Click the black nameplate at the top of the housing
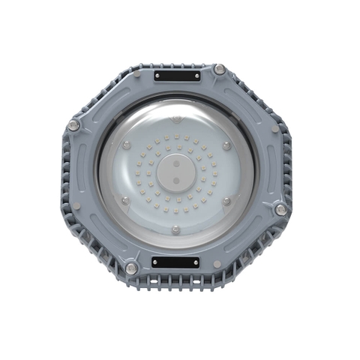click(177, 76)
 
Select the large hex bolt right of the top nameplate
click(219, 70)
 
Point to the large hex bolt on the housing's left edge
click(73, 125)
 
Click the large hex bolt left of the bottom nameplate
click(132, 268)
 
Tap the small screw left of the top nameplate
click(136, 74)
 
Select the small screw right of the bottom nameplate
click(217, 264)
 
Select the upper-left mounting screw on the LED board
click(125, 142)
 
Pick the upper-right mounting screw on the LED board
click(225, 142)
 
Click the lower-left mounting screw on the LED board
click(125, 200)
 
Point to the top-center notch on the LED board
click(175, 118)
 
